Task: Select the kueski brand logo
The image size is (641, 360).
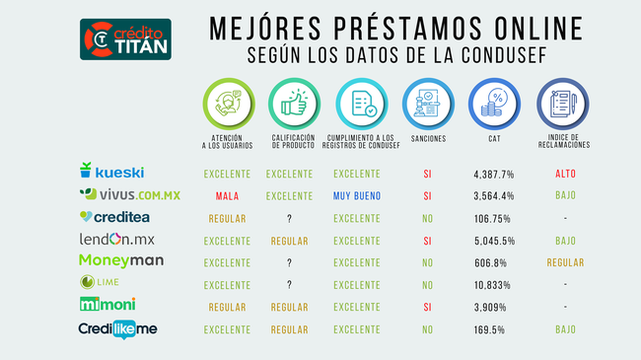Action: (x=111, y=173)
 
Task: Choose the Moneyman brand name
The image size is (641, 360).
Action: (x=120, y=261)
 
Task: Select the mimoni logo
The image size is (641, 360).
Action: (x=109, y=306)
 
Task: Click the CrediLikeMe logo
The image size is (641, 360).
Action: (x=117, y=328)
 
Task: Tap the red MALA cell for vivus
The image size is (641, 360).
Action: (x=227, y=195)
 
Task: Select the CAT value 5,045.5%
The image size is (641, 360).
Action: (x=494, y=240)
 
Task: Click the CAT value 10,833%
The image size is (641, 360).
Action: (x=492, y=284)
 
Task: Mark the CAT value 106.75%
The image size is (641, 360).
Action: (x=491, y=218)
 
